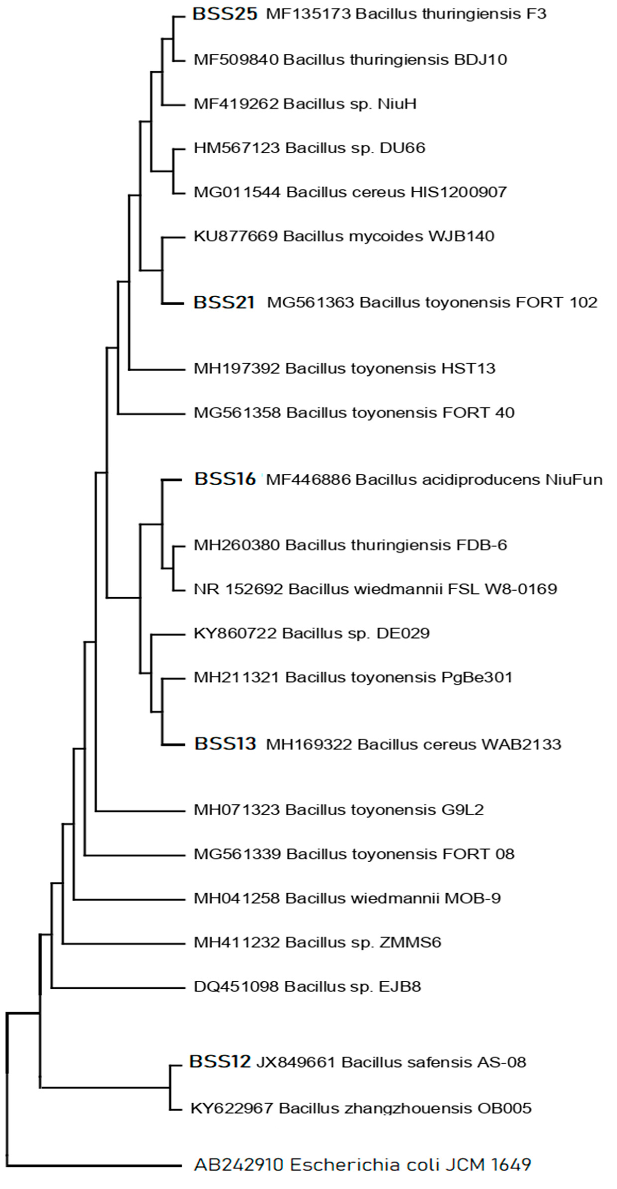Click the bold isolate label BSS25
[225, 14]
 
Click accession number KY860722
[235, 633]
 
